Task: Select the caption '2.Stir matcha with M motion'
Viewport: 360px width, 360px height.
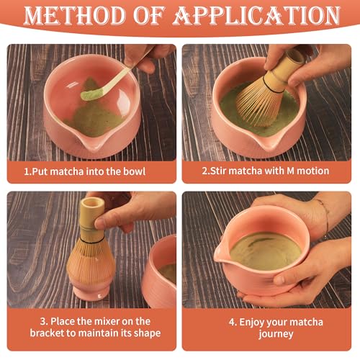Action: coord(266,171)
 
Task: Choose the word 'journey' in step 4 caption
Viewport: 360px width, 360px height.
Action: coord(266,333)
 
